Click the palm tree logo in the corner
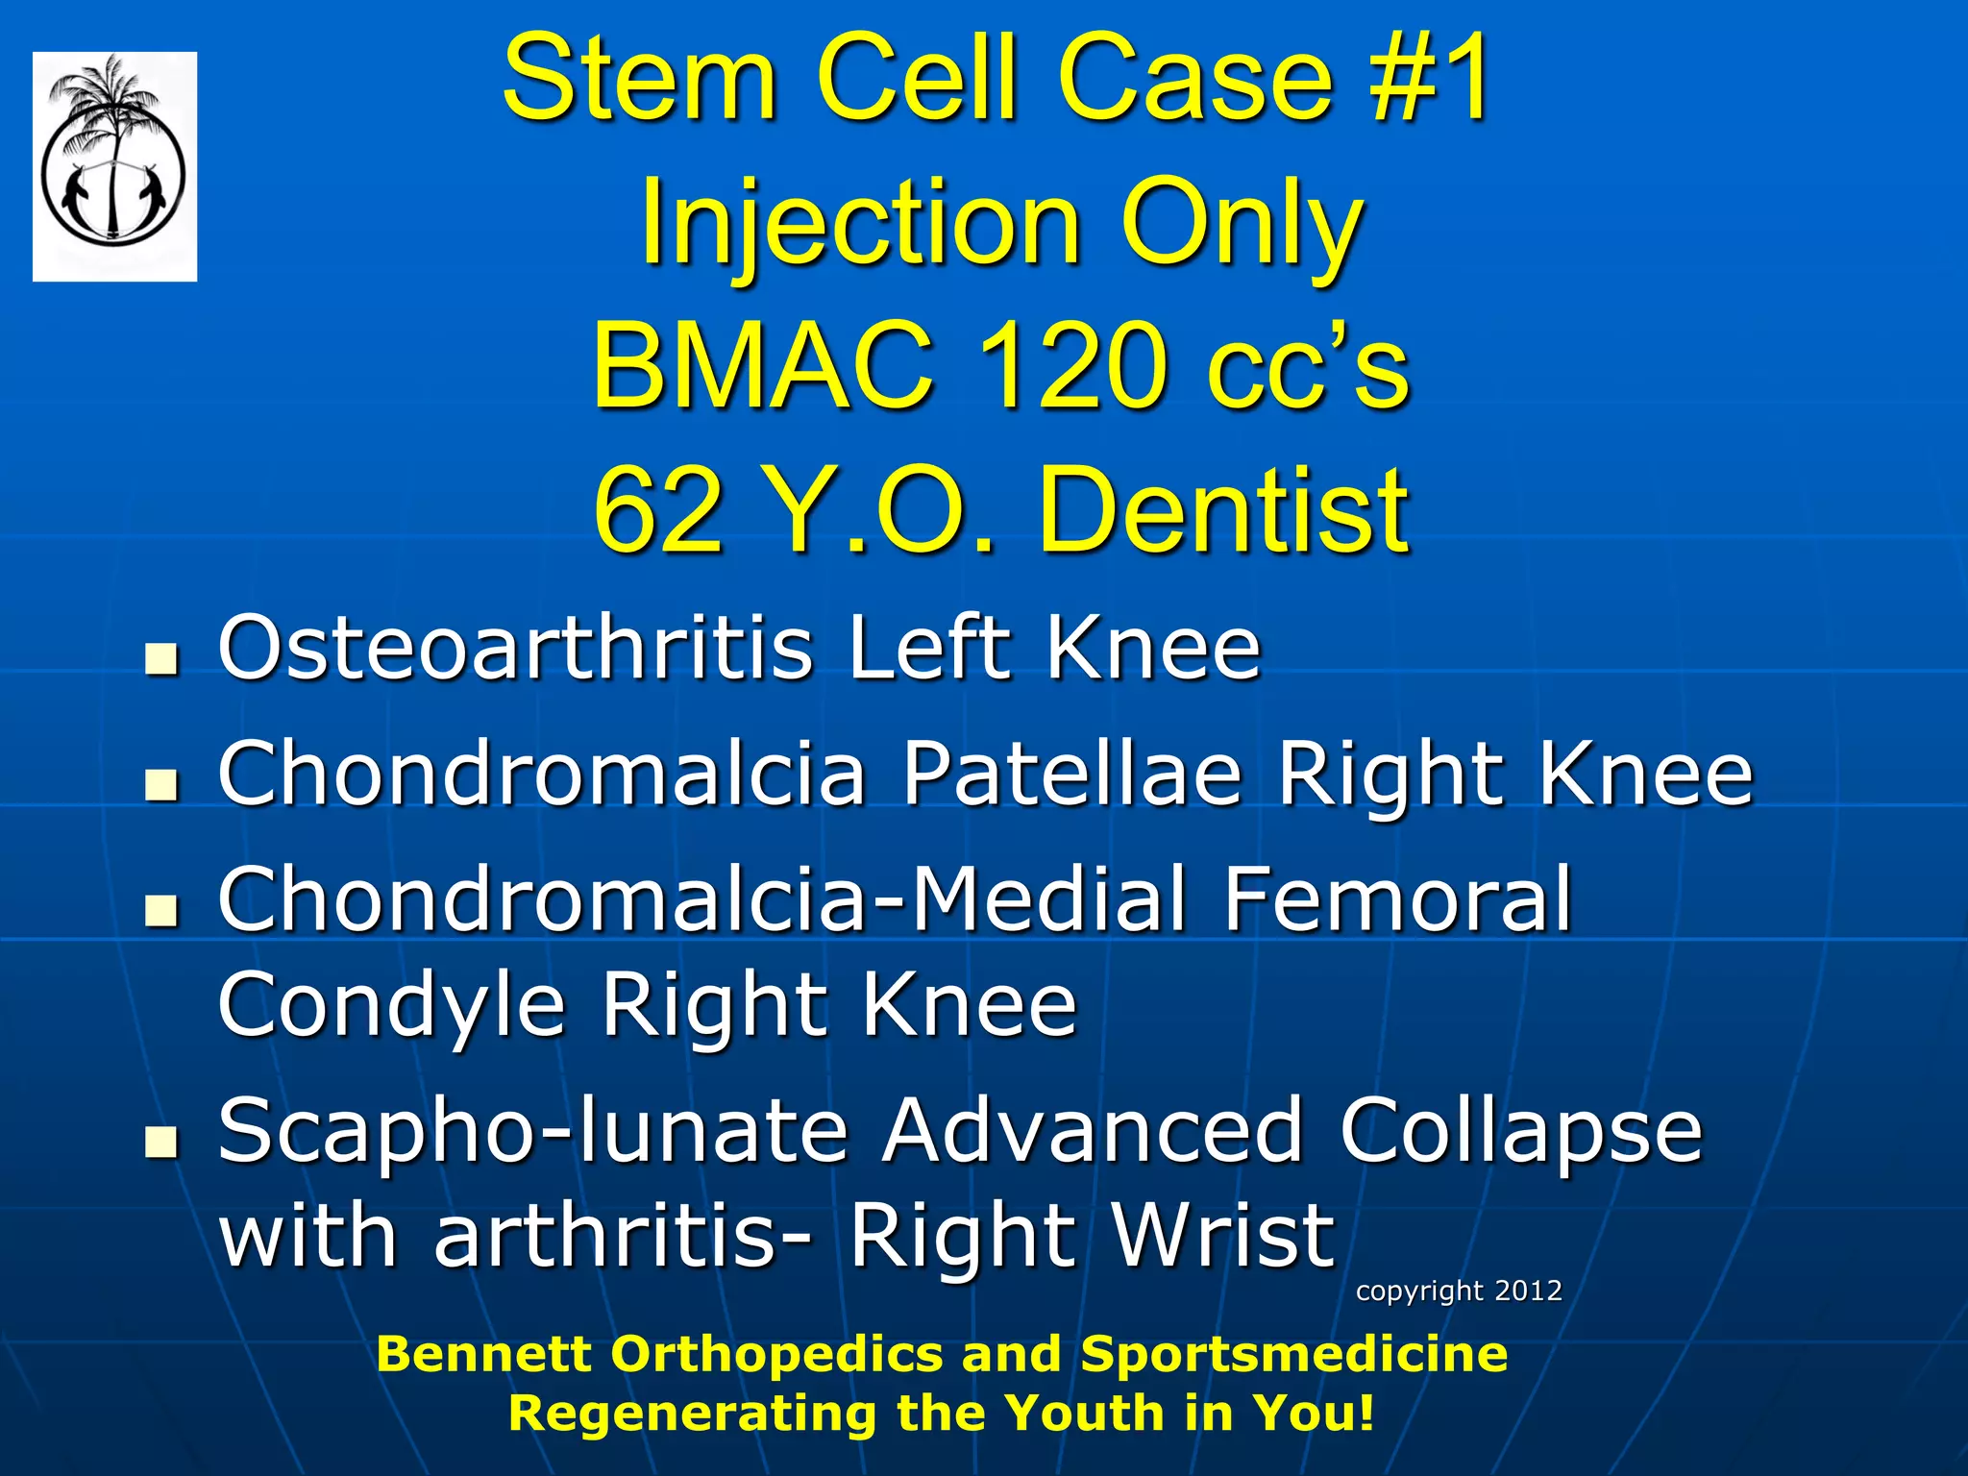click(114, 165)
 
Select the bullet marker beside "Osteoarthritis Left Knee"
click(162, 660)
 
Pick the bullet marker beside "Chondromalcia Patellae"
click(162, 785)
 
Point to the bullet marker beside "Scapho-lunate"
click(162, 1142)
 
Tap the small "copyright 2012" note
click(1458, 1291)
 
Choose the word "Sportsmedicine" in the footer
click(1293, 1354)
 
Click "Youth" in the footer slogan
click(1086, 1413)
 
